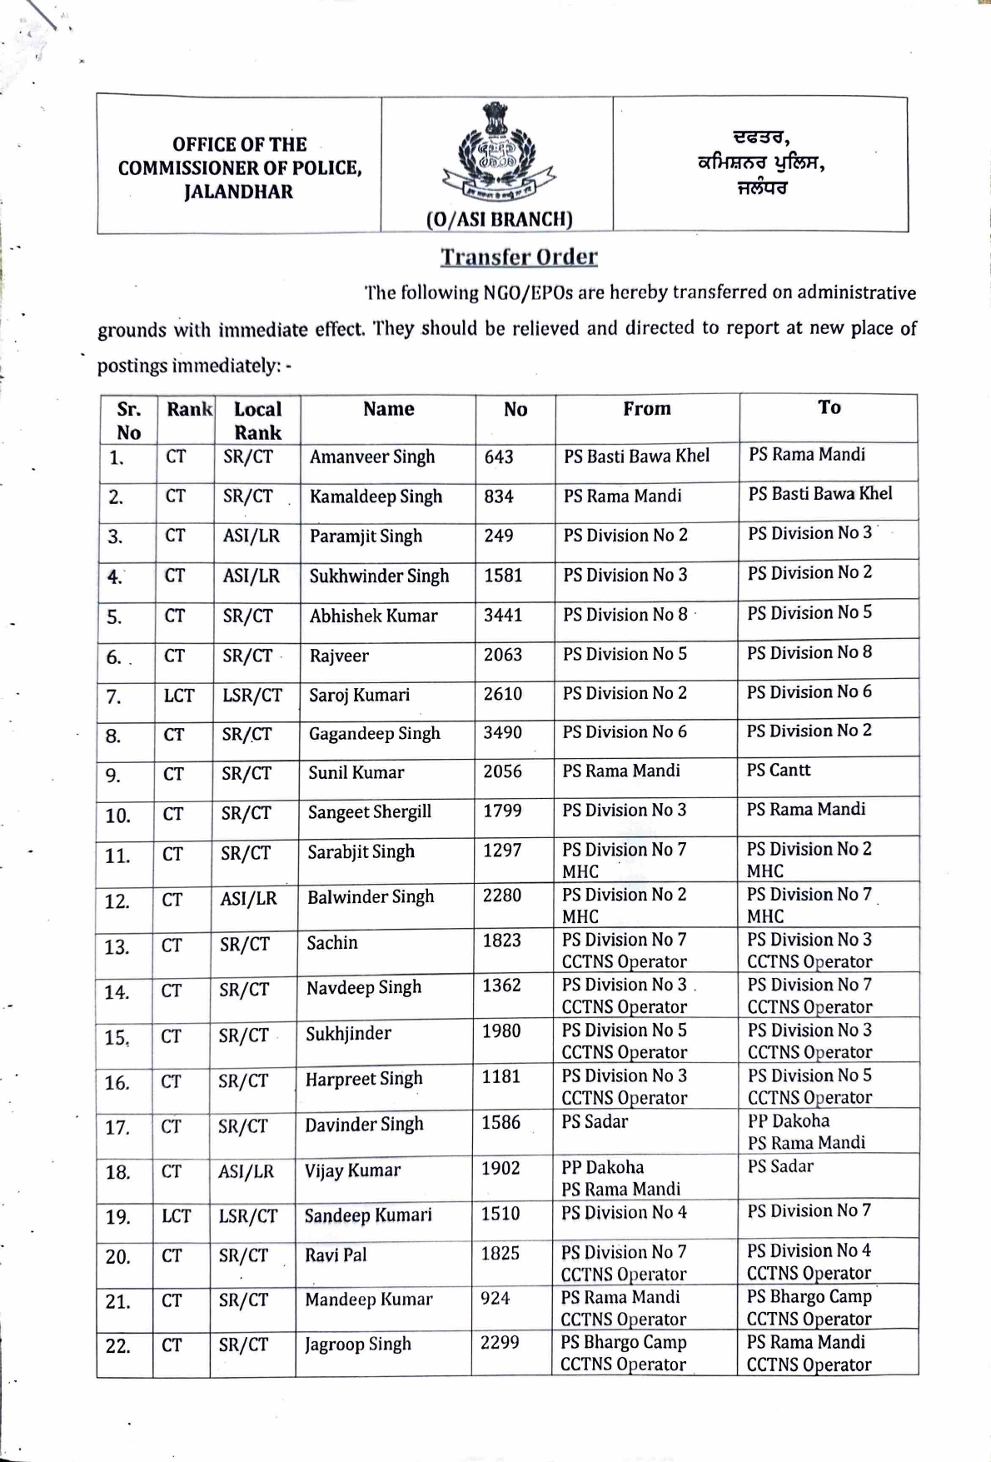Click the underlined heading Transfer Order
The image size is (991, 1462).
point(519,257)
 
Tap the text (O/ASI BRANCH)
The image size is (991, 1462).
point(499,219)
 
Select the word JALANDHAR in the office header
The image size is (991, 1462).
point(239,192)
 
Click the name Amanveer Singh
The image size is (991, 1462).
point(372,457)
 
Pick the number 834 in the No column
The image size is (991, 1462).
point(499,496)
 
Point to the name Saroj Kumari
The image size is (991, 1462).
point(359,695)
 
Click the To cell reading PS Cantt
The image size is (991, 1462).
point(778,770)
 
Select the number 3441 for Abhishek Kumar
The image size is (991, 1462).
point(503,615)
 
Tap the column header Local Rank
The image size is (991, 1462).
point(257,421)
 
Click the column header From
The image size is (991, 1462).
point(646,408)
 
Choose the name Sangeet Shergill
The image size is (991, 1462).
point(369,811)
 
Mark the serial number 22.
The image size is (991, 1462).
point(117,1346)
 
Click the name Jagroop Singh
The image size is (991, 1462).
point(357,1345)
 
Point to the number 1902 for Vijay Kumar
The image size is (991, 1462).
point(500,1169)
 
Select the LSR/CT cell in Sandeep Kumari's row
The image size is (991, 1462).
point(247,1216)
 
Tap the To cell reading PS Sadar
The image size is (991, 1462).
point(779,1166)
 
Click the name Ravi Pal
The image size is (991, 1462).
point(336,1255)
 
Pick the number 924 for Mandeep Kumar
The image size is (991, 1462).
point(495,1298)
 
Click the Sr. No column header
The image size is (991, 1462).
point(128,421)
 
